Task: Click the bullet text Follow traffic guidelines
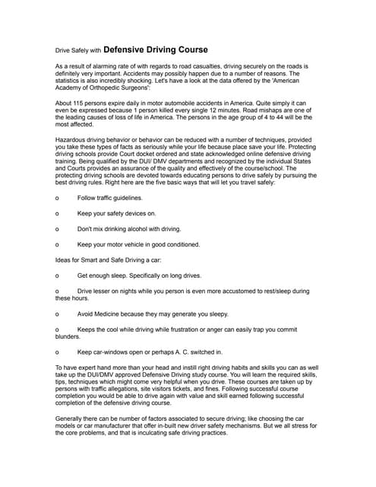(x=109, y=197)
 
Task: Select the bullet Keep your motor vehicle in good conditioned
(x=138, y=244)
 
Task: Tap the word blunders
(x=68, y=336)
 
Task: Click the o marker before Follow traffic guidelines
(x=58, y=197)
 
